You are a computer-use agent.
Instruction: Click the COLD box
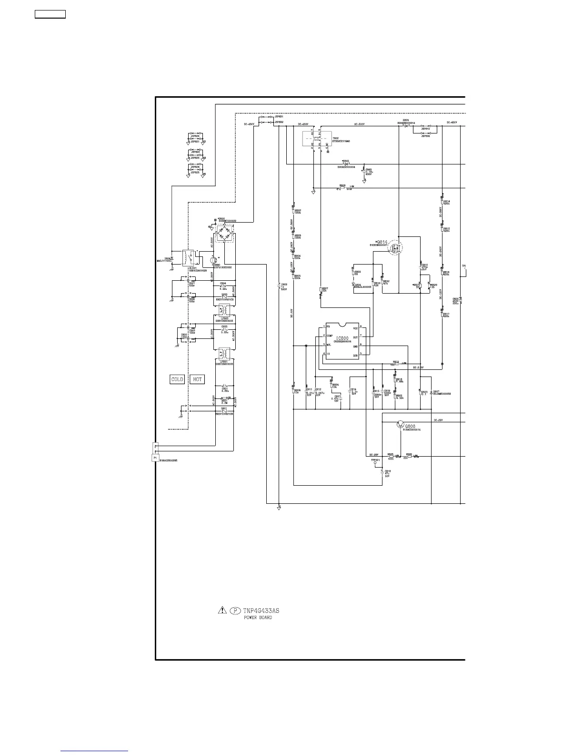[177, 379]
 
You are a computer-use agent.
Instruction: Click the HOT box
[197, 379]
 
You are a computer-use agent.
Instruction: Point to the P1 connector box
[154, 458]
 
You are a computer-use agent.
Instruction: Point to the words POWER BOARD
[258, 618]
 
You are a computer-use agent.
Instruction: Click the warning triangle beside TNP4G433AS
[222, 610]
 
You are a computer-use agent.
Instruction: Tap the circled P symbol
[234, 610]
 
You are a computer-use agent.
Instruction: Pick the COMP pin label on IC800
[329, 336]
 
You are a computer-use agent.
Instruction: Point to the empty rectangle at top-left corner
[50, 14]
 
